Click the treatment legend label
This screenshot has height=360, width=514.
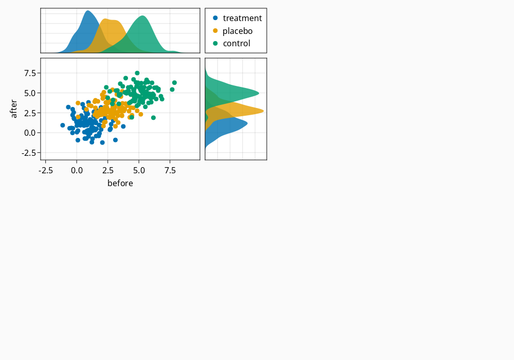pos(242,18)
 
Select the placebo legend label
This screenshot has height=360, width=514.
pos(237,31)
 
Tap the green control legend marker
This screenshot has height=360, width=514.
pos(215,43)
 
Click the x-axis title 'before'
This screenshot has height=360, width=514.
pos(120,183)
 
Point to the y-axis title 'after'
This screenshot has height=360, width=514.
pos(13,109)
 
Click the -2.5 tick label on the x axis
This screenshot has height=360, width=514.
pos(46,171)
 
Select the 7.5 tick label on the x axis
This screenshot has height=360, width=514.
pos(170,171)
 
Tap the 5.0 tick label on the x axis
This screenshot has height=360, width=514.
pos(139,171)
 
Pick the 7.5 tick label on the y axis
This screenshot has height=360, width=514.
pos(30,73)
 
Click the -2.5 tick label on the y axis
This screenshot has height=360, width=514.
pos(29,153)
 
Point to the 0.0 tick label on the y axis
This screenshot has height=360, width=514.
pos(30,133)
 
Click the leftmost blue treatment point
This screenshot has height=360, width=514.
pos(63,125)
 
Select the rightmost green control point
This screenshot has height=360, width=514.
pos(174,83)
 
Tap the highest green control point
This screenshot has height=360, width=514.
pos(137,73)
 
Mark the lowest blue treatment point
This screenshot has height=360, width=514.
pos(102,142)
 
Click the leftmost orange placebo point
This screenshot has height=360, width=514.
pos(78,103)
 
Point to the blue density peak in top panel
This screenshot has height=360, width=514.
pos(88,11)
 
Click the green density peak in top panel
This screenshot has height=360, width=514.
pos(142,16)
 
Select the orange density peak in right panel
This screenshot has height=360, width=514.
pos(263,111)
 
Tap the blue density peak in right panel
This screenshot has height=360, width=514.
pos(247,123)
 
